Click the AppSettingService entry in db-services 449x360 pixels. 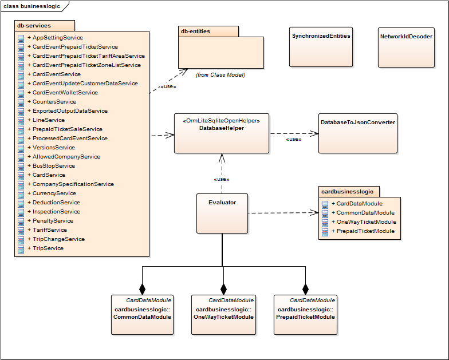tap(57, 38)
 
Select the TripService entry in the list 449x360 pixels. tap(48, 248)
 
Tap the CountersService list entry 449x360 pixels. tap(54, 102)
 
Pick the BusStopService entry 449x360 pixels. tap(53, 166)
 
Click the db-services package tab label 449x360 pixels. tap(34, 26)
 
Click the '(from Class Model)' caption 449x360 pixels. tap(220, 74)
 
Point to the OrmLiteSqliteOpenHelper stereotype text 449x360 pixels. tap(222, 121)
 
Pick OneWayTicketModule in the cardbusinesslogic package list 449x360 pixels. tap(366, 222)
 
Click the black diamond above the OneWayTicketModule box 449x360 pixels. tap(224, 288)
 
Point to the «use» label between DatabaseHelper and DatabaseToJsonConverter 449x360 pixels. tap(294, 139)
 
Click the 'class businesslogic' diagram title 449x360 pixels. tap(31, 6)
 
